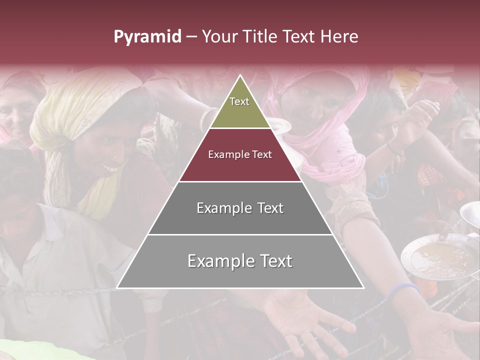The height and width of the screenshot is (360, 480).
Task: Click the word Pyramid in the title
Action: tap(147, 37)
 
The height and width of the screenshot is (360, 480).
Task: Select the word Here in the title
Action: tap(339, 37)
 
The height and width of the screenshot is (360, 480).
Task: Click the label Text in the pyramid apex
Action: tap(239, 101)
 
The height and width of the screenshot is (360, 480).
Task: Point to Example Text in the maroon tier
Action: tap(240, 154)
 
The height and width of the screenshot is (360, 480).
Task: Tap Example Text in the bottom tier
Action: tap(240, 261)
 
